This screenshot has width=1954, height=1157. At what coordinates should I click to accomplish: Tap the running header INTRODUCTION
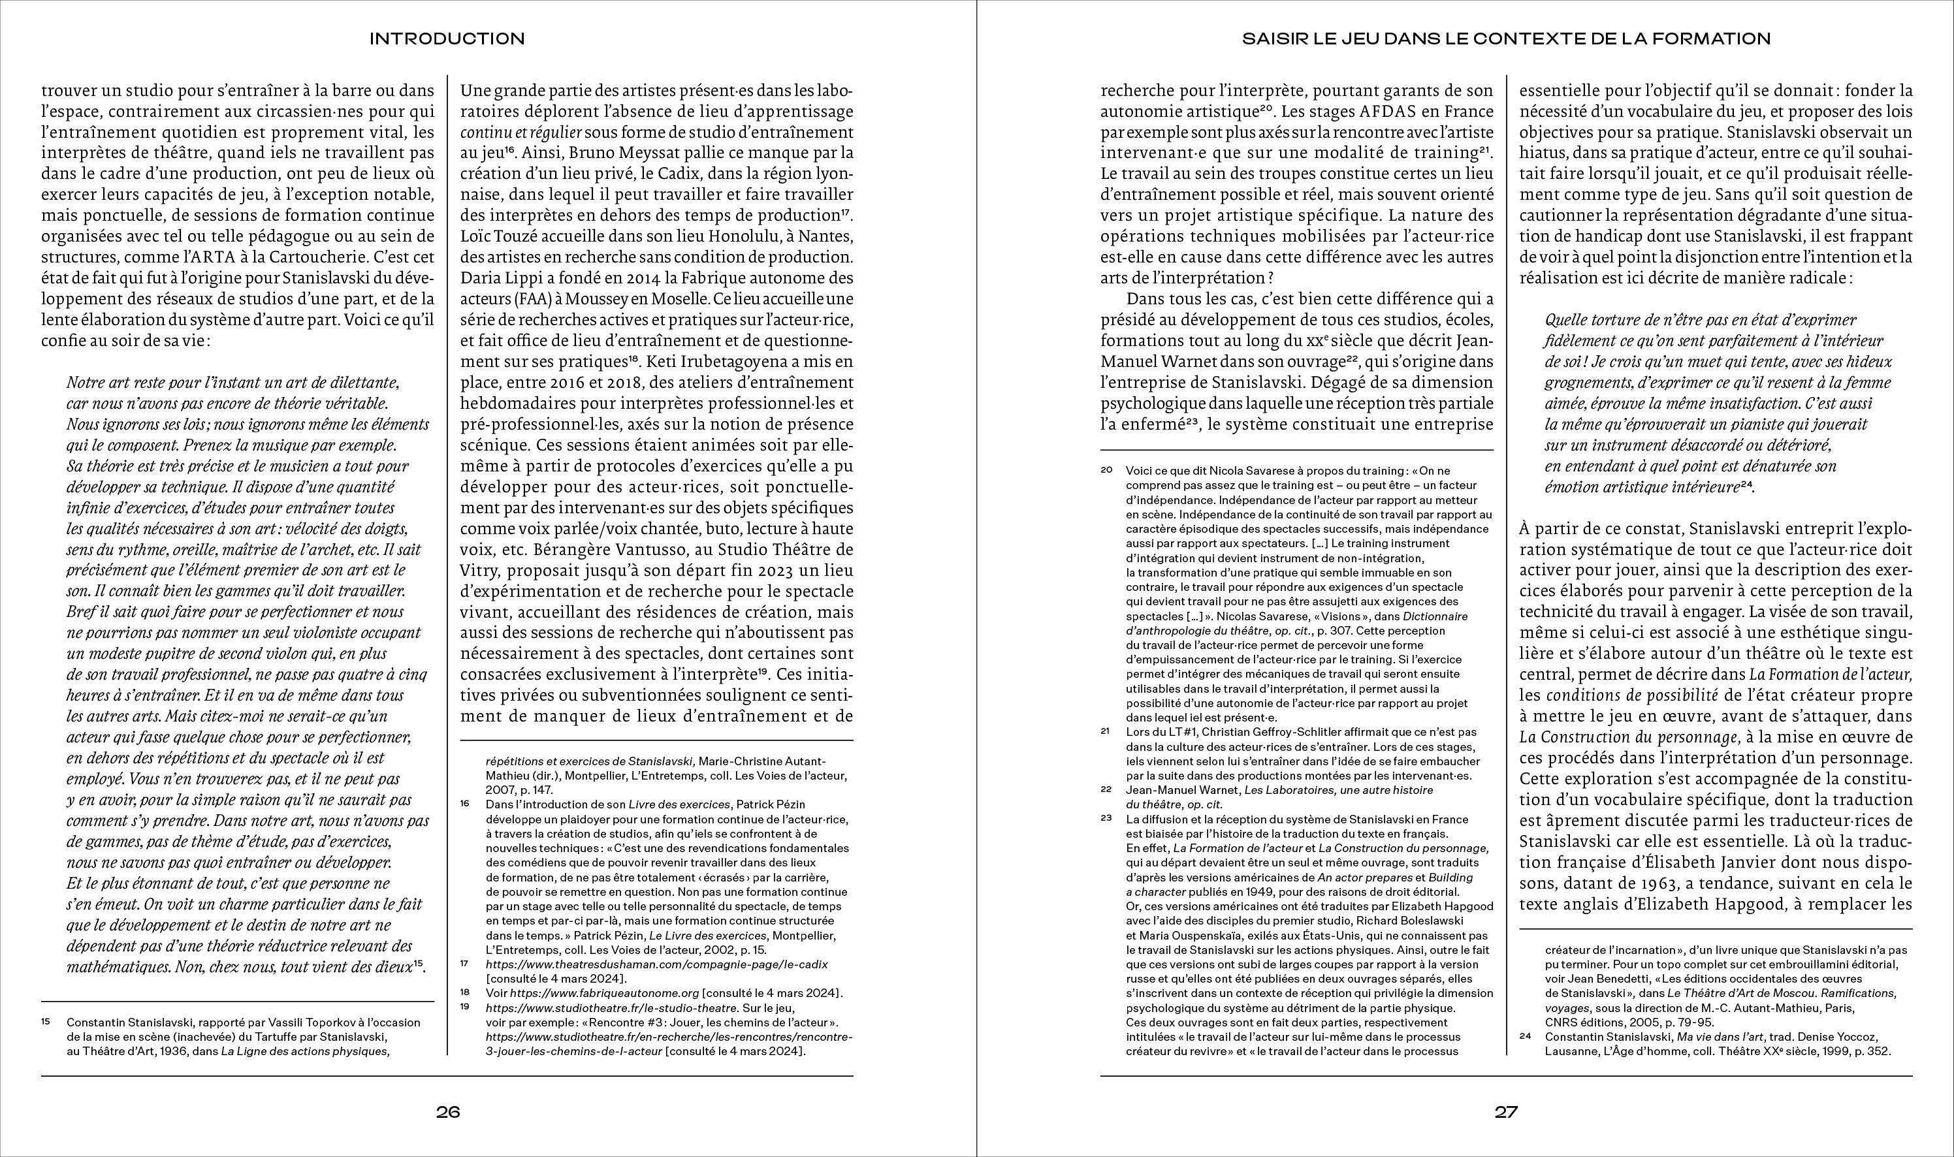tap(447, 39)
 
